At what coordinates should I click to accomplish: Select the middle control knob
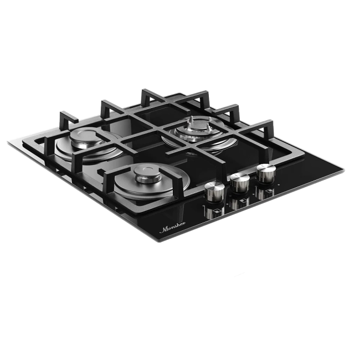[x=240, y=182]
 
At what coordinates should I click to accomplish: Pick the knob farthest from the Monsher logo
[x=265, y=173]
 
